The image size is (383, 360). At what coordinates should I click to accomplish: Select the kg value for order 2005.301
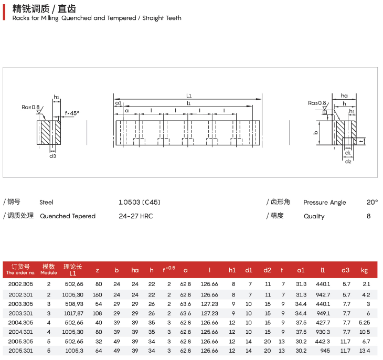(365, 351)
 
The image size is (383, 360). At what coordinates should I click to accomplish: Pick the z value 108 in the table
(98, 313)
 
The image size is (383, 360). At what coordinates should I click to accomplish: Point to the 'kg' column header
(365, 270)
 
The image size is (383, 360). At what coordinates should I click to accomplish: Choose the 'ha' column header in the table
(135, 270)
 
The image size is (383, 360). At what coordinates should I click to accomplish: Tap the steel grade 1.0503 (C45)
(140, 202)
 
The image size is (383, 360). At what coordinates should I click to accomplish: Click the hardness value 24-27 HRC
(136, 216)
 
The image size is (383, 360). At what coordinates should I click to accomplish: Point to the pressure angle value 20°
(372, 202)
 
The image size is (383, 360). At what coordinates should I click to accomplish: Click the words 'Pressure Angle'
(325, 203)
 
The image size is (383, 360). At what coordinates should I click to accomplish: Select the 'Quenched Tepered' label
(68, 216)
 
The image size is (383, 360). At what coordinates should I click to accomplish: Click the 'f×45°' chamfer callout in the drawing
(72, 113)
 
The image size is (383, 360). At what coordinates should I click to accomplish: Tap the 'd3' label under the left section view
(52, 156)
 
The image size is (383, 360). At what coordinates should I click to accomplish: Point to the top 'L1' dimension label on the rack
(189, 96)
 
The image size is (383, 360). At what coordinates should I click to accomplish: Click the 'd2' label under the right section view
(348, 161)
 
